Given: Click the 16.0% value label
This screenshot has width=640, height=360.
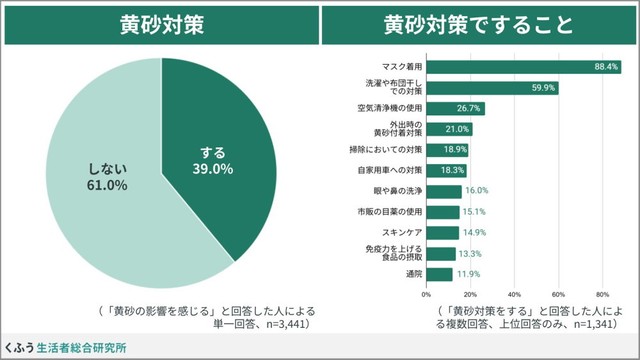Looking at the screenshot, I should [476, 191].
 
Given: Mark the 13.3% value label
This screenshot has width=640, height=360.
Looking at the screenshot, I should [470, 253].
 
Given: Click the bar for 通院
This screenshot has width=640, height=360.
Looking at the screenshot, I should [440, 274].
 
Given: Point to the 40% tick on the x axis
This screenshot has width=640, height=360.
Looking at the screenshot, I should [515, 294].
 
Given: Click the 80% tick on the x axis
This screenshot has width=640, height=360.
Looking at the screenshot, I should [602, 294].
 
